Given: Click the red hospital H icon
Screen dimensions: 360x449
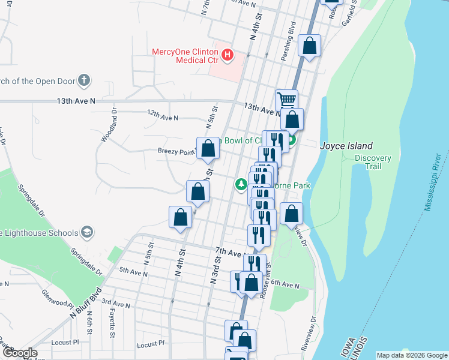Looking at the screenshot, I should pyautogui.click(x=228, y=56).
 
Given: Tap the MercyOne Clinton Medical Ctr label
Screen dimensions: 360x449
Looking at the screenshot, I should pyautogui.click(x=185, y=56).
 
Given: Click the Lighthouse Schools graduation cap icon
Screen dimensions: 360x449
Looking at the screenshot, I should pyautogui.click(x=87, y=232).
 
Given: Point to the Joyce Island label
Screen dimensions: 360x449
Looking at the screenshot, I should pyautogui.click(x=346, y=146).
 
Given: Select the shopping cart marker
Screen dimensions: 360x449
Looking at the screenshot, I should pyautogui.click(x=287, y=99).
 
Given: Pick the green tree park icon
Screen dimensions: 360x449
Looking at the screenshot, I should pyautogui.click(x=241, y=184).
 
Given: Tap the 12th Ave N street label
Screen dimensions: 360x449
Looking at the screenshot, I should pyautogui.click(x=163, y=117).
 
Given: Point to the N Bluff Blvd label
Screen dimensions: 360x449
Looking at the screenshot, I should pyautogui.click(x=85, y=304).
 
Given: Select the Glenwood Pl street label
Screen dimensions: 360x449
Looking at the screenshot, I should pyautogui.click(x=56, y=298).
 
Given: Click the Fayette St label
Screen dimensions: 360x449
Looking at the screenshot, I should pyautogui.click(x=112, y=319).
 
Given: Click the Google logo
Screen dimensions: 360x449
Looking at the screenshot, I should pyautogui.click(x=19, y=353).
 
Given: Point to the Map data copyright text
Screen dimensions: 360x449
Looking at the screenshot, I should pyautogui.click(x=412, y=355).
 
